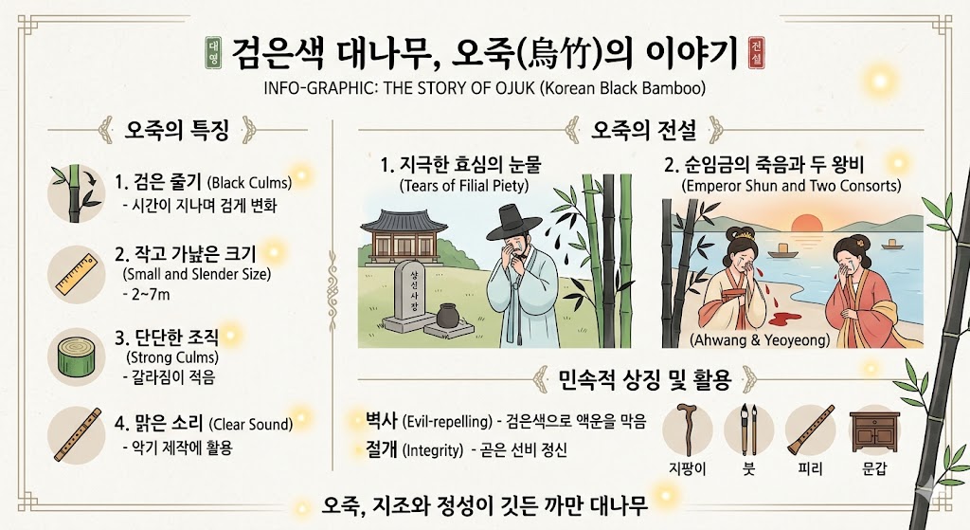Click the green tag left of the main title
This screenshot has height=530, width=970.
click(x=213, y=53)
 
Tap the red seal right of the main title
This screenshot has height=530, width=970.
click(x=756, y=52)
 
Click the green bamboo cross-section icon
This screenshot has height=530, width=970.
click(x=77, y=356)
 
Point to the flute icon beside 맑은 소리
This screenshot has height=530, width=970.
click(x=78, y=434)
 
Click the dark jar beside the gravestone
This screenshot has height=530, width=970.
click(x=447, y=315)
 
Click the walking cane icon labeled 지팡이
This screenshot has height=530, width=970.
click(x=688, y=429)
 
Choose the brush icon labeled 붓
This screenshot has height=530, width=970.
click(x=748, y=429)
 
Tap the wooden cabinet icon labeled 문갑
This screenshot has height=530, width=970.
click(x=874, y=432)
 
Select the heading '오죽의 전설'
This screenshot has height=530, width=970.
click(x=644, y=130)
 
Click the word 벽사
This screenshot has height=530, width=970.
click(x=381, y=420)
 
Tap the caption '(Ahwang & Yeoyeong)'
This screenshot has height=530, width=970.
click(x=760, y=340)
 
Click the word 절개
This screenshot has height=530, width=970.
click(x=381, y=449)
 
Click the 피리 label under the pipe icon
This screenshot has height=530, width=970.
click(x=811, y=468)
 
